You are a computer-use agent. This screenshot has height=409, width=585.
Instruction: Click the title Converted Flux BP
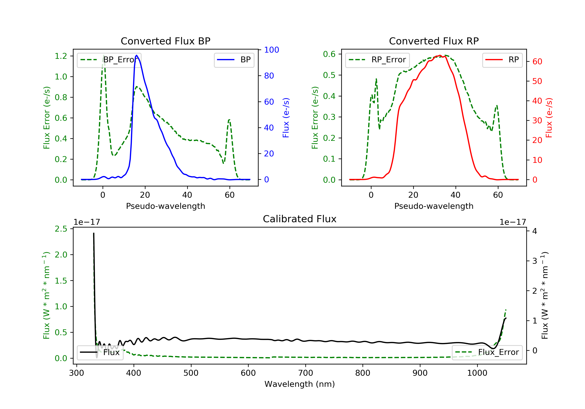pyautogui.click(x=165, y=41)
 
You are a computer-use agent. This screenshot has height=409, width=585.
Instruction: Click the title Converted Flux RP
pyautogui.click(x=434, y=41)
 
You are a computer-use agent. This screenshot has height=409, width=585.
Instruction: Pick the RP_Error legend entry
pyautogui.click(x=377, y=60)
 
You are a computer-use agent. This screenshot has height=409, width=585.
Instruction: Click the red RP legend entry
pyautogui.click(x=502, y=60)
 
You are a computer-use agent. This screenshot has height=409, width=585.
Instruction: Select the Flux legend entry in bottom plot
pyautogui.click(x=100, y=352)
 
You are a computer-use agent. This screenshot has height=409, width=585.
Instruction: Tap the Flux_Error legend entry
pyautogui.click(x=487, y=352)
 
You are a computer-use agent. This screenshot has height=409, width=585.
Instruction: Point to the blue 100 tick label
pyautogui.click(x=271, y=50)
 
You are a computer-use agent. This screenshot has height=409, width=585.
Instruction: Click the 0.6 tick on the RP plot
pyautogui.click(x=329, y=54)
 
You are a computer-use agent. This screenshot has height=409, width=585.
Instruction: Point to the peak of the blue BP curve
pyautogui.click(x=136, y=55)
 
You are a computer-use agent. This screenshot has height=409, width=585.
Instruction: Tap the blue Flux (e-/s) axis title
pyautogui.click(x=286, y=118)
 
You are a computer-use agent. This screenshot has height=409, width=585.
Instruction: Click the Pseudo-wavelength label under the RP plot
pyautogui.click(x=434, y=206)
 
